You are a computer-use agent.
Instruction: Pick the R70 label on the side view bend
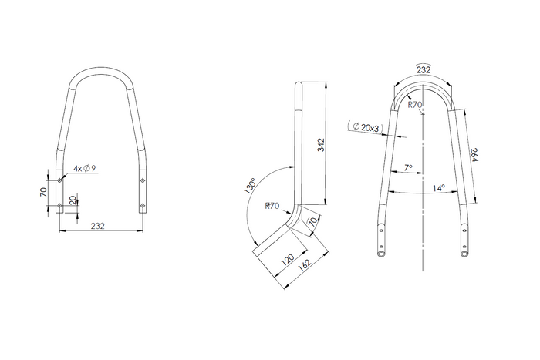pyautogui.click(x=271, y=206)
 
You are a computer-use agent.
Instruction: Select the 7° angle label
pyautogui.click(x=408, y=167)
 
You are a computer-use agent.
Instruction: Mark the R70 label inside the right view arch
pyautogui.click(x=415, y=104)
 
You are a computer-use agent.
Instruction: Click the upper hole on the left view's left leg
pyautogui.click(x=61, y=181)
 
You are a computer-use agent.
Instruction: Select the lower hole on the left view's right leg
pyautogui.click(x=142, y=205)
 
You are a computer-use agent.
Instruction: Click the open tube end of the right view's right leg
pyautogui.click(x=464, y=253)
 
